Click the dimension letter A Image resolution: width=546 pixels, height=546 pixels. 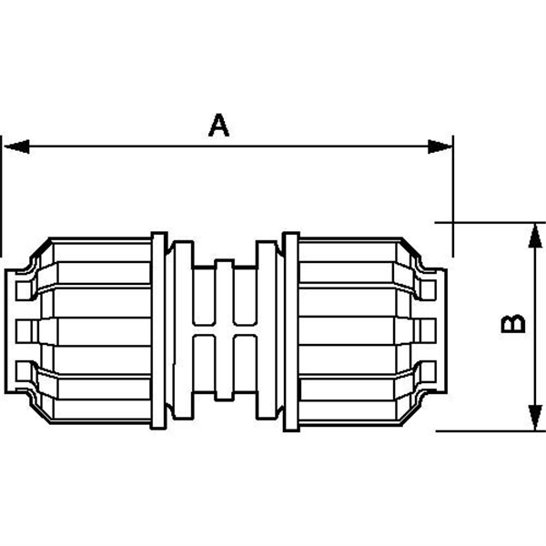[218, 126]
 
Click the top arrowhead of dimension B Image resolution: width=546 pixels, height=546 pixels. [529, 232]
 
